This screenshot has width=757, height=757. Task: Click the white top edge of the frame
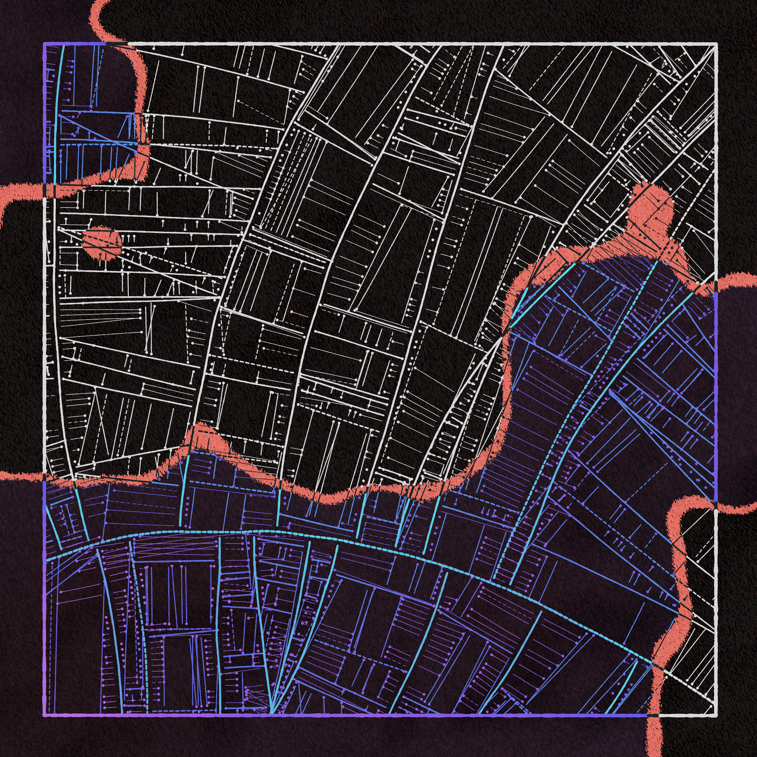[392, 44]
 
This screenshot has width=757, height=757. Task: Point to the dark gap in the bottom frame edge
[652, 715]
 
